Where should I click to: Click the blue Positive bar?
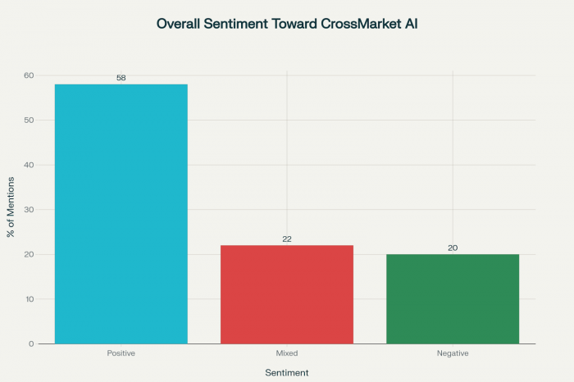(121, 213)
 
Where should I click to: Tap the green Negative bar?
(453, 298)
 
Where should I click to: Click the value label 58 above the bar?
(121, 78)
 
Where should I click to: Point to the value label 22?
(286, 239)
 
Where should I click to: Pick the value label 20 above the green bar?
(453, 248)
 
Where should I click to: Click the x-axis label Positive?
(121, 352)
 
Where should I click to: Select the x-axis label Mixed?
(286, 352)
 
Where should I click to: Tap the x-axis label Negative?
(453, 352)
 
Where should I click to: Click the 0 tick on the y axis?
(31, 343)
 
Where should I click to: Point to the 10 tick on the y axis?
(29, 299)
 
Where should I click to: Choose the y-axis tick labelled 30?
(29, 210)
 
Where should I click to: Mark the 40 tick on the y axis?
(29, 165)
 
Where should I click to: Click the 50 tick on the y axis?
(29, 121)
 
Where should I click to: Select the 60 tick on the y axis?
(29, 75)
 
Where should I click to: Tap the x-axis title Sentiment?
(287, 373)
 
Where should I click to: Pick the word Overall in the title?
(181, 24)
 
